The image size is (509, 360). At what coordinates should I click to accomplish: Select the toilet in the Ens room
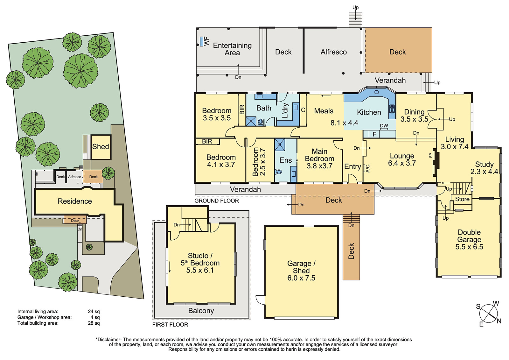tap(278, 172)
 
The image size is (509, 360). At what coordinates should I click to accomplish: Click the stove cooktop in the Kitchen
tap(392, 109)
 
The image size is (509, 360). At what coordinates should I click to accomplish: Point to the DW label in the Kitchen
tap(384, 126)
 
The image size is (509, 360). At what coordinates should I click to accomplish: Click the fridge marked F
tap(374, 134)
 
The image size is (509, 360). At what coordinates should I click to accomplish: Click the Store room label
tap(462, 199)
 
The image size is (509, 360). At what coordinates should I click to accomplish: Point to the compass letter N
tap(499, 321)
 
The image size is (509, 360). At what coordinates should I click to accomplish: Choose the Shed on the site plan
tap(101, 147)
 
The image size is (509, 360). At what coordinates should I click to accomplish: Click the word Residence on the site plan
tap(75, 201)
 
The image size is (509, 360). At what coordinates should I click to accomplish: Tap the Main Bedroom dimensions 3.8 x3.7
tap(319, 166)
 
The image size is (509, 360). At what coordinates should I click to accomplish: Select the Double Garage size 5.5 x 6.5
tap(469, 247)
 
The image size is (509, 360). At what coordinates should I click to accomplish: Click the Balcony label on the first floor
tap(201, 311)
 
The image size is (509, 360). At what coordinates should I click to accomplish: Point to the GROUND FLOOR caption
tap(217, 201)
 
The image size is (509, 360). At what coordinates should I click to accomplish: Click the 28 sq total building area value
tap(94, 323)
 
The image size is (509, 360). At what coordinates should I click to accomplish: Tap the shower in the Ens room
tap(280, 145)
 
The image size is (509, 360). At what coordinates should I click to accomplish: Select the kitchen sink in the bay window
tap(377, 92)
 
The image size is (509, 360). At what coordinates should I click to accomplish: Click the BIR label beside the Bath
tap(242, 109)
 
